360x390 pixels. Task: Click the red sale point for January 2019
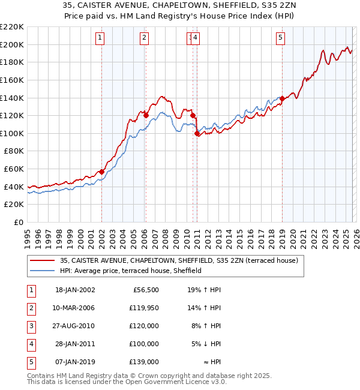point(282,99)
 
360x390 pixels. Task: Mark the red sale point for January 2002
point(101,172)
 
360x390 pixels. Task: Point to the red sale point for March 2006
point(146,115)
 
